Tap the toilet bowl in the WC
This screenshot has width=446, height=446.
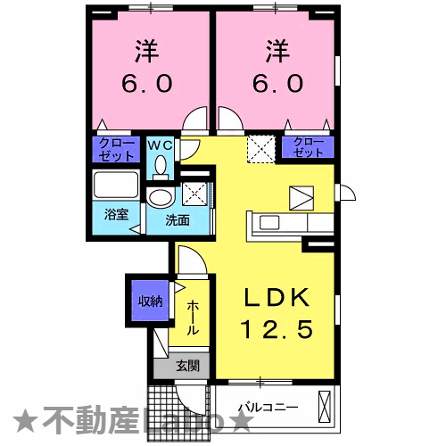click(x=161, y=165)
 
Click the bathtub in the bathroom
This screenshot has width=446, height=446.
click(x=116, y=187)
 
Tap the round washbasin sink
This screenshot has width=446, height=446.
click(x=161, y=197)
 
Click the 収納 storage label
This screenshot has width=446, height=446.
click(x=149, y=301)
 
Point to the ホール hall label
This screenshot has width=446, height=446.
click(x=193, y=318)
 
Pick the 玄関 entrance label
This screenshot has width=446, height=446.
click(x=186, y=365)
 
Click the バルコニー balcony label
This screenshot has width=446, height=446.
click(x=268, y=409)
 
